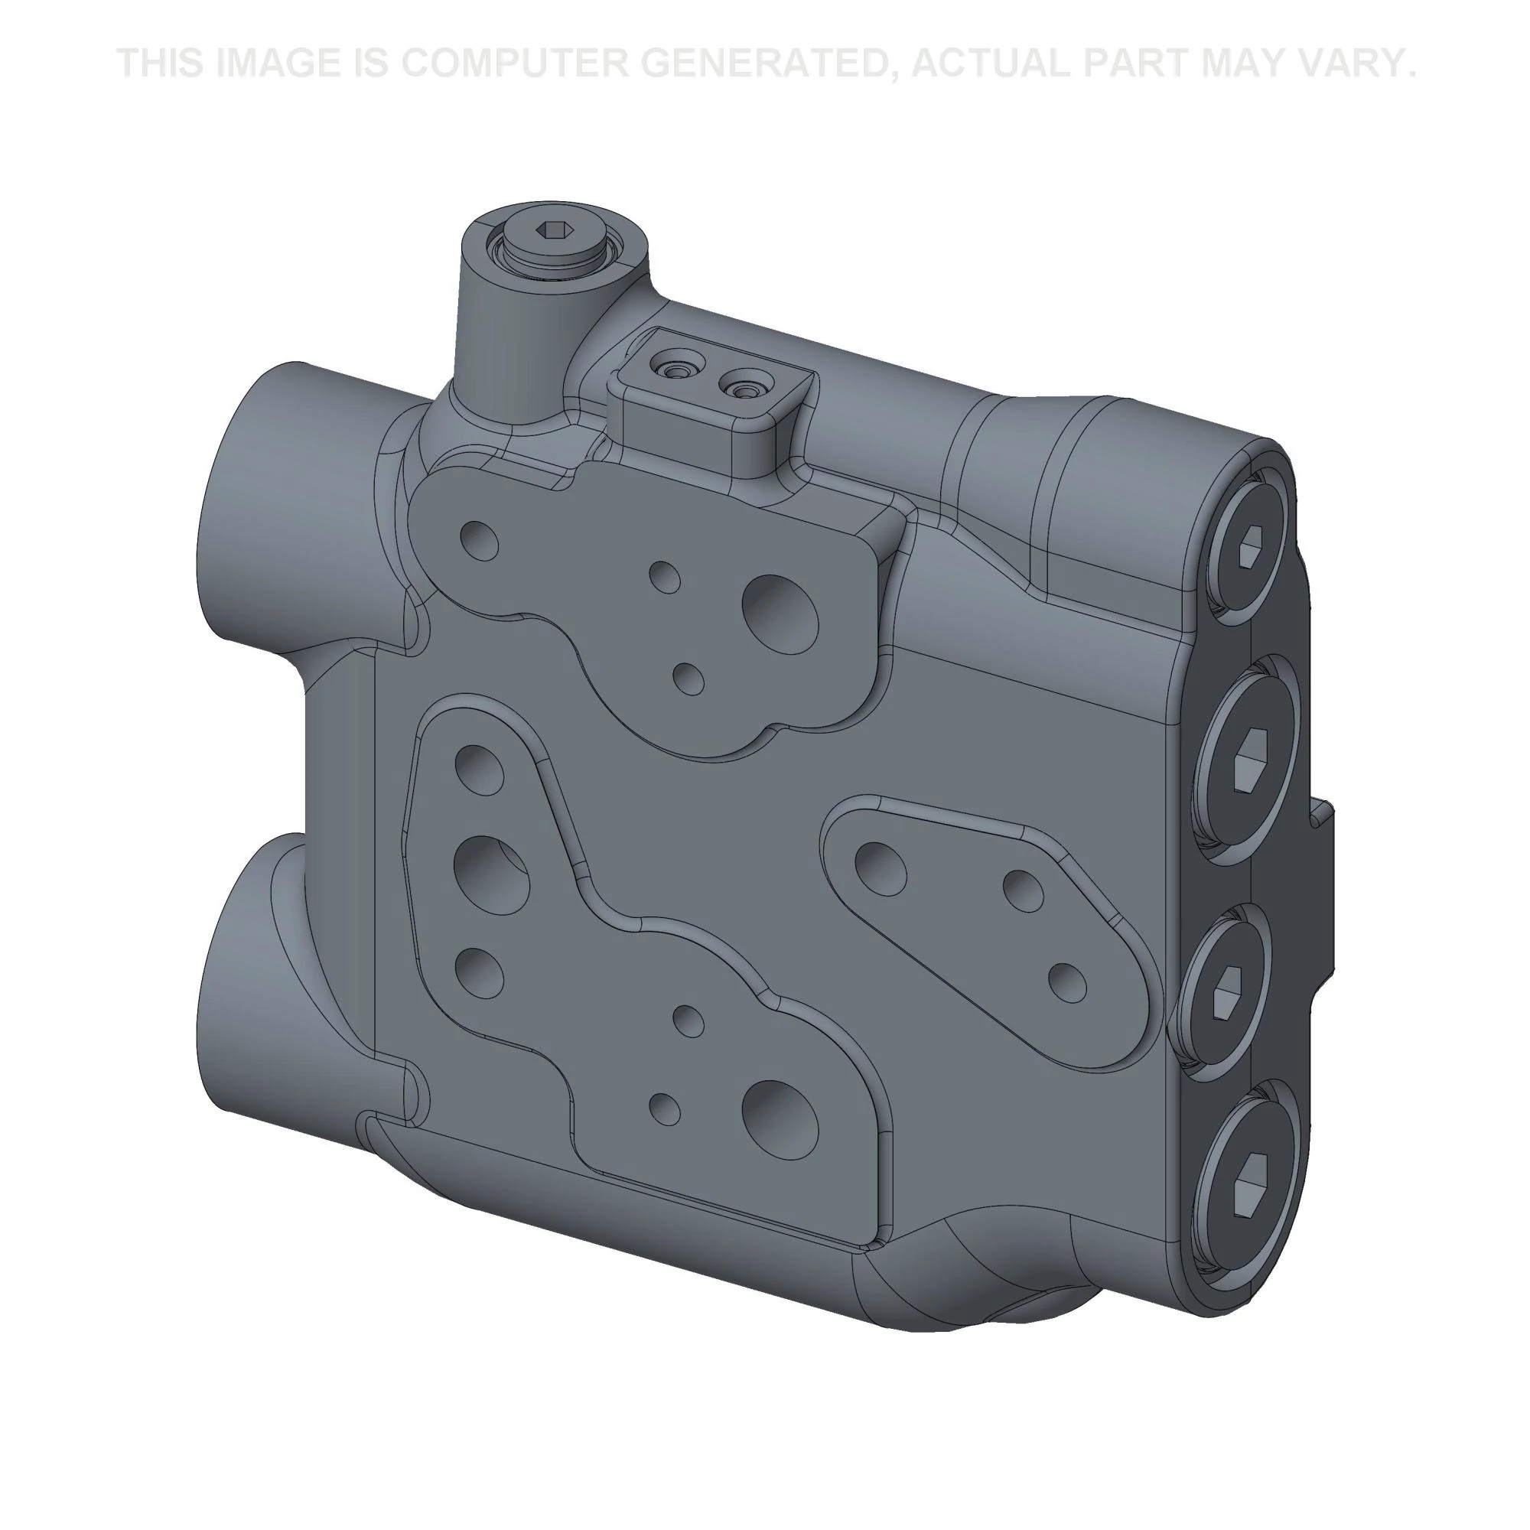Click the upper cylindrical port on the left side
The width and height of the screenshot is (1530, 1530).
click(x=262, y=507)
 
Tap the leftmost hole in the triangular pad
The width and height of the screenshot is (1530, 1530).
click(x=881, y=865)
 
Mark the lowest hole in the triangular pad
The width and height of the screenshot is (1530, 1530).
click(x=1066, y=982)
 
